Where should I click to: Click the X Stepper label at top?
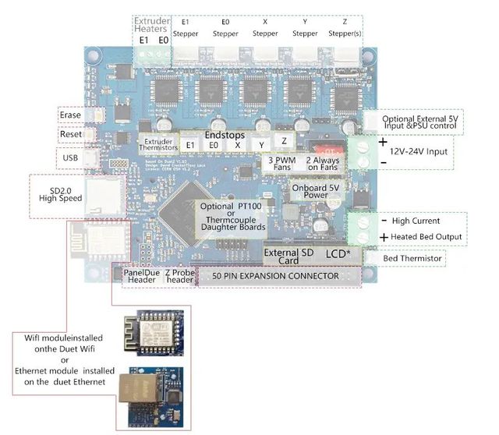click(265, 28)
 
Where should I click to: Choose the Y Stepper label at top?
click(305, 28)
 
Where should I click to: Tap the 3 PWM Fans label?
click(281, 164)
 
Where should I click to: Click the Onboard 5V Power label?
click(315, 191)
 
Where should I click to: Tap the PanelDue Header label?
click(142, 276)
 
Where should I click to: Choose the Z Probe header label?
click(178, 276)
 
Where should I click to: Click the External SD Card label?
click(289, 256)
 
